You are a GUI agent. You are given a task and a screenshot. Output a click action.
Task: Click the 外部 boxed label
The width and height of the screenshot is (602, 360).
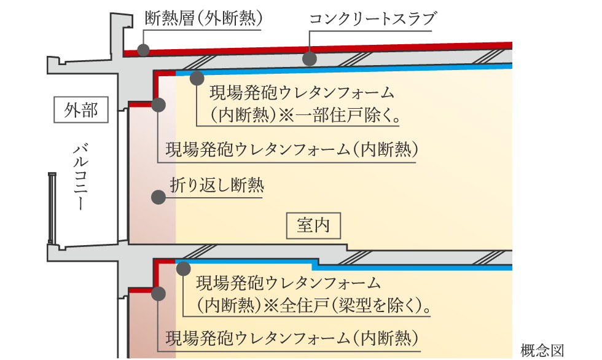[x=80, y=111]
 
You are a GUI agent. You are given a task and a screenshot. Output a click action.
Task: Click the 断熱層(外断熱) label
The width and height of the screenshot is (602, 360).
[x=203, y=18]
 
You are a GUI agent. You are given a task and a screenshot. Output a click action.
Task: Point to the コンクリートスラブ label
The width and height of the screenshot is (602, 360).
[x=373, y=19]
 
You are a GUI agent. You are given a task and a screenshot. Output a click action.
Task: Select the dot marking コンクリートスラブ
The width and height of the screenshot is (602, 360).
[x=310, y=59]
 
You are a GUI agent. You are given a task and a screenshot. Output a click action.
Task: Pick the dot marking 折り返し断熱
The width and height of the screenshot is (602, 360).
[x=158, y=197]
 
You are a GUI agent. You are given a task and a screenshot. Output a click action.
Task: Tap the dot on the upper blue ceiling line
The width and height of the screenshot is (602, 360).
[x=197, y=78]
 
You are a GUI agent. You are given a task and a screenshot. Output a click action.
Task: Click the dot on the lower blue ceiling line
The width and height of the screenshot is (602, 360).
[x=183, y=267]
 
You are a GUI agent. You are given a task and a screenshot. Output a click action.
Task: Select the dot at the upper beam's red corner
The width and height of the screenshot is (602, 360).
[x=158, y=105]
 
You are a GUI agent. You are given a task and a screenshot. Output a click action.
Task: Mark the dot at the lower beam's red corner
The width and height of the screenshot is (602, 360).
[x=158, y=294]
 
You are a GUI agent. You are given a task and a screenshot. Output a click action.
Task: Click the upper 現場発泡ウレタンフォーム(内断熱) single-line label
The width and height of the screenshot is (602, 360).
[x=292, y=149]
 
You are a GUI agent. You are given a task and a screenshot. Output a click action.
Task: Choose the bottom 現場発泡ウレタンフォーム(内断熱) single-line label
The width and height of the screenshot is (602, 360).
[x=292, y=338]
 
